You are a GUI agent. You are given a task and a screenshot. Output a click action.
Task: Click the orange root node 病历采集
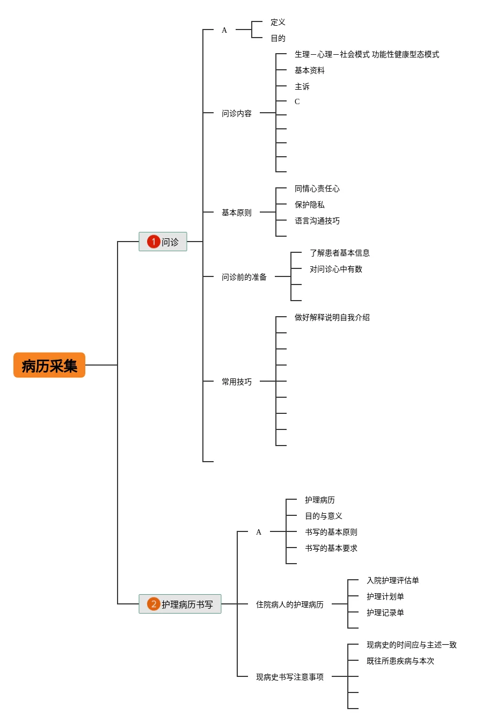(49, 366)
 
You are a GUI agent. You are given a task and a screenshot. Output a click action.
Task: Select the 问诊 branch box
(163, 242)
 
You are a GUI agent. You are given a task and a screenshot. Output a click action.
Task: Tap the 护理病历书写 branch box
(180, 604)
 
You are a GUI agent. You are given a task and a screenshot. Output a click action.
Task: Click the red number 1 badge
(154, 242)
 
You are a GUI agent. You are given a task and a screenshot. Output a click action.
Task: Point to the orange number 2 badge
(154, 604)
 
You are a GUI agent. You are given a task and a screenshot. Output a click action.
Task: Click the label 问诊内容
(236, 113)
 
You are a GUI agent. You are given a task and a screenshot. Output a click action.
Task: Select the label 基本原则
(236, 213)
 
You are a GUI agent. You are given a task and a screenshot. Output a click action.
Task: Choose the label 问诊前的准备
(244, 277)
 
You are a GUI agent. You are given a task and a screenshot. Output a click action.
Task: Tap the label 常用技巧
(236, 382)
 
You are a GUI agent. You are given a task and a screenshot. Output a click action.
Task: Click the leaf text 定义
(278, 22)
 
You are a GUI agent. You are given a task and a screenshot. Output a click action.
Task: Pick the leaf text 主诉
(302, 86)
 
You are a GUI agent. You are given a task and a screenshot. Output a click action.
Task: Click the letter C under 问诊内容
(297, 101)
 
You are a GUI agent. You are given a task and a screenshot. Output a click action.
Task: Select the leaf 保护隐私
(309, 205)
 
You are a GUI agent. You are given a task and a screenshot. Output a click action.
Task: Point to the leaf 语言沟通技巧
(317, 221)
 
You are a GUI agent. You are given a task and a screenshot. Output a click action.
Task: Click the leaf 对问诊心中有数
(335, 269)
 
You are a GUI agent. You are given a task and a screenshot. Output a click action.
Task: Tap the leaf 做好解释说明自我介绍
(332, 317)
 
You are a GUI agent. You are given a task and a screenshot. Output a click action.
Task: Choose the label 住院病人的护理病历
(289, 604)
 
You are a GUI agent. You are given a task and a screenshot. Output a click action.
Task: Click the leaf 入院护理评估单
(392, 580)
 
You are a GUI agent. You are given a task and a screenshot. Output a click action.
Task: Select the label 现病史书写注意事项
(289, 677)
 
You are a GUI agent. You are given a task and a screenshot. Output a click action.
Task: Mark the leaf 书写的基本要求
(331, 548)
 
